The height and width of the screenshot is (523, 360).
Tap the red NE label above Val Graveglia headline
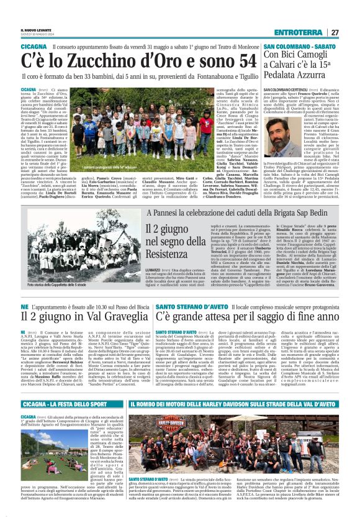pos(24,307)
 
